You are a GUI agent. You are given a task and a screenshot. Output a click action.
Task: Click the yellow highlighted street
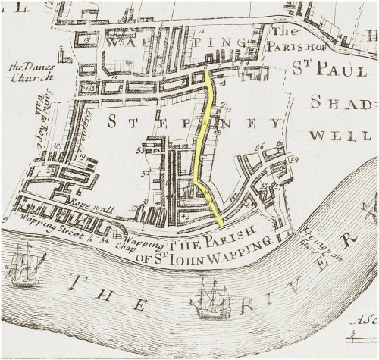[201, 144]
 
